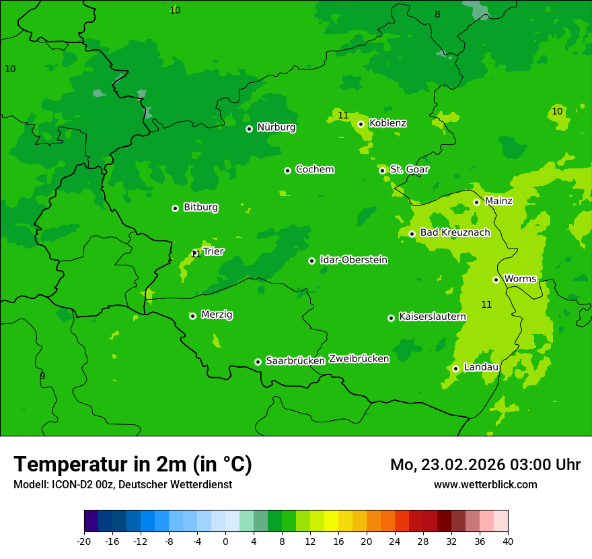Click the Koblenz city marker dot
click(361, 124)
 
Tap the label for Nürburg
click(276, 127)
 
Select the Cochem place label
click(314, 169)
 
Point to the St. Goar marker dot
click(382, 170)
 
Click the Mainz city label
click(498, 201)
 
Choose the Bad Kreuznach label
click(455, 232)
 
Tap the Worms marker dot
click(496, 279)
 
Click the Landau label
click(481, 367)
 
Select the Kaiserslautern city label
click(432, 317)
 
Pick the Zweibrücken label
click(359, 359)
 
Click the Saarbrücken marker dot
click(258, 362)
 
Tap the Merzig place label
click(217, 315)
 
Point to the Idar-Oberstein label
click(353, 260)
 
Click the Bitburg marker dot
click(175, 208)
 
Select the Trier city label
click(213, 251)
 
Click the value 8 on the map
click(437, 14)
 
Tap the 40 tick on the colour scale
click(507, 541)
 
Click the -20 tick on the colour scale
click(84, 541)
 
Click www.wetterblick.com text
click(485, 485)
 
